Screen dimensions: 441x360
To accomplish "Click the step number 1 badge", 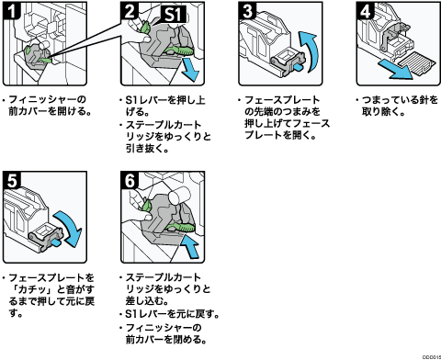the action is click(11, 10).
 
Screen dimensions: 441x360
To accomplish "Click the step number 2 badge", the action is click(130, 11).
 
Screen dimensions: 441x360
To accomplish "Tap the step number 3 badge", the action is click(247, 11).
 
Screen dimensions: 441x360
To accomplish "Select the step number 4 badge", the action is click(366, 11).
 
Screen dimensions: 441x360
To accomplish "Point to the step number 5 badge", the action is click(12, 180).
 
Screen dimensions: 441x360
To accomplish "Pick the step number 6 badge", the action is click(130, 180).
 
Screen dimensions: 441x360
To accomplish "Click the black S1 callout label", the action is click(174, 15).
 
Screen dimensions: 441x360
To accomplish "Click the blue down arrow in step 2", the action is click(190, 71).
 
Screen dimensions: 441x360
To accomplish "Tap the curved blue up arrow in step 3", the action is click(309, 51).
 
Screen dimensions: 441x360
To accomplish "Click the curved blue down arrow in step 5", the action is click(70, 227).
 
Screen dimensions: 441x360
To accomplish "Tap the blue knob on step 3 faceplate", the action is click(299, 67).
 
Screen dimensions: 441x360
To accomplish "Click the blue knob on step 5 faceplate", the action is click(57, 242).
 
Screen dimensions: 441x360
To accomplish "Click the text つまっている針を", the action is click(400, 100).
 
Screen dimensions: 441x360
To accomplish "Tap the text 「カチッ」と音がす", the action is click(51, 289).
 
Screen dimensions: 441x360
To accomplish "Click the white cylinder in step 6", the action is click(180, 195).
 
